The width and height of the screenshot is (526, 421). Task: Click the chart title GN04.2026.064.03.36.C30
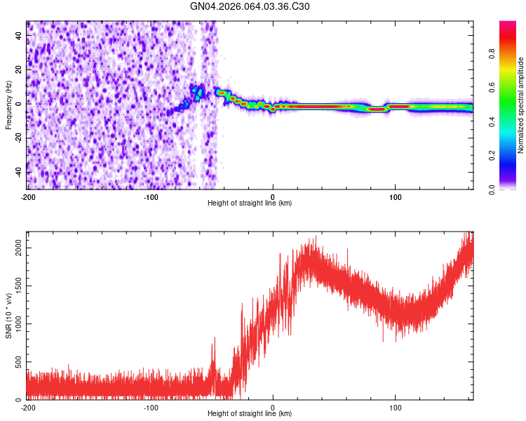(x=250, y=7)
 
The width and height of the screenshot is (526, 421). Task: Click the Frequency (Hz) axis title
(x=8, y=105)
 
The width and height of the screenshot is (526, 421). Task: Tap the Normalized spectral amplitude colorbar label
(x=521, y=105)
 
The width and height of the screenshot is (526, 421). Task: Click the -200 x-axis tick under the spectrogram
(x=28, y=196)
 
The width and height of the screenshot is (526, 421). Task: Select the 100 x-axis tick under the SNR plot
(x=396, y=407)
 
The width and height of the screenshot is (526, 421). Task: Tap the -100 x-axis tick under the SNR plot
(x=150, y=407)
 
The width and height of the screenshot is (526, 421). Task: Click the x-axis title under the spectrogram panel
(x=250, y=203)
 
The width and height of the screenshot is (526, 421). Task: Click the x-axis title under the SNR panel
(x=250, y=414)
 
